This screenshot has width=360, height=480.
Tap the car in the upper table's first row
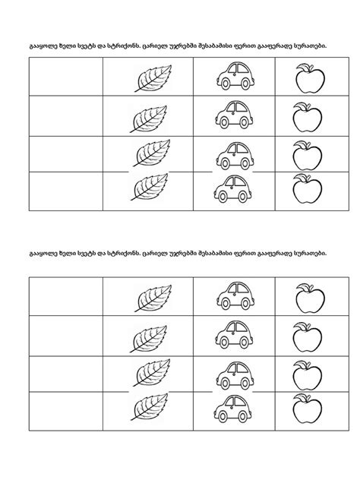[233, 77]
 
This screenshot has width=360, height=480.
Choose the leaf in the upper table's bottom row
[147, 188]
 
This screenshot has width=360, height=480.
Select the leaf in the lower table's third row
[147, 372]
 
